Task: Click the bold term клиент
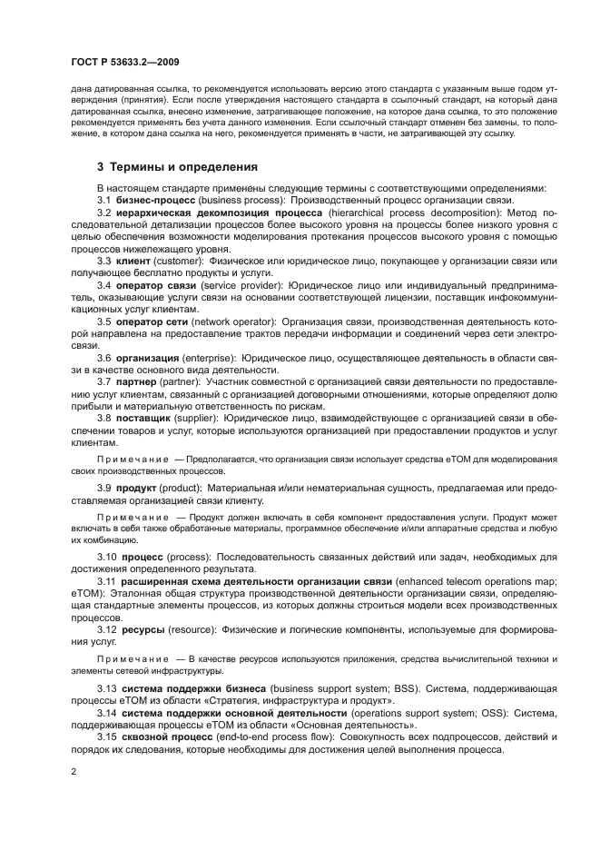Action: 135,262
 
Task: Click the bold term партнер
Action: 137,381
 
